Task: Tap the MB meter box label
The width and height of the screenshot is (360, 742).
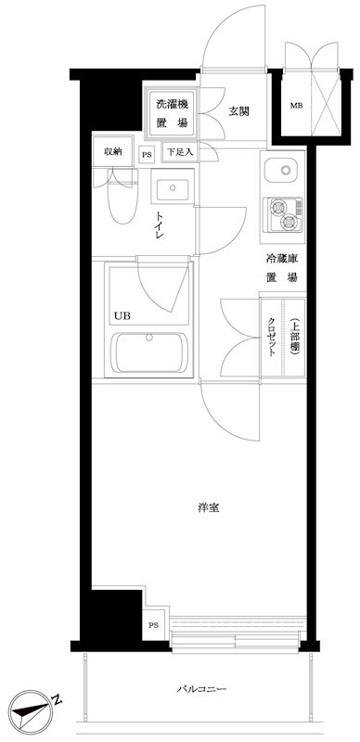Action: [296, 106]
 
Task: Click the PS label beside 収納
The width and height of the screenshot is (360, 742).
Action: [147, 154]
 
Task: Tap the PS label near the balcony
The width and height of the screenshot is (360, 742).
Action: [153, 625]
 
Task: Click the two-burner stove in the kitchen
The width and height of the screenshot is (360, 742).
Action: [283, 214]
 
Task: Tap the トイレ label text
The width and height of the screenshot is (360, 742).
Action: [159, 226]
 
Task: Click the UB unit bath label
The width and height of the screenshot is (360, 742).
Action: [122, 315]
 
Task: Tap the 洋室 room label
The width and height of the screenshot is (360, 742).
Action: [209, 507]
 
